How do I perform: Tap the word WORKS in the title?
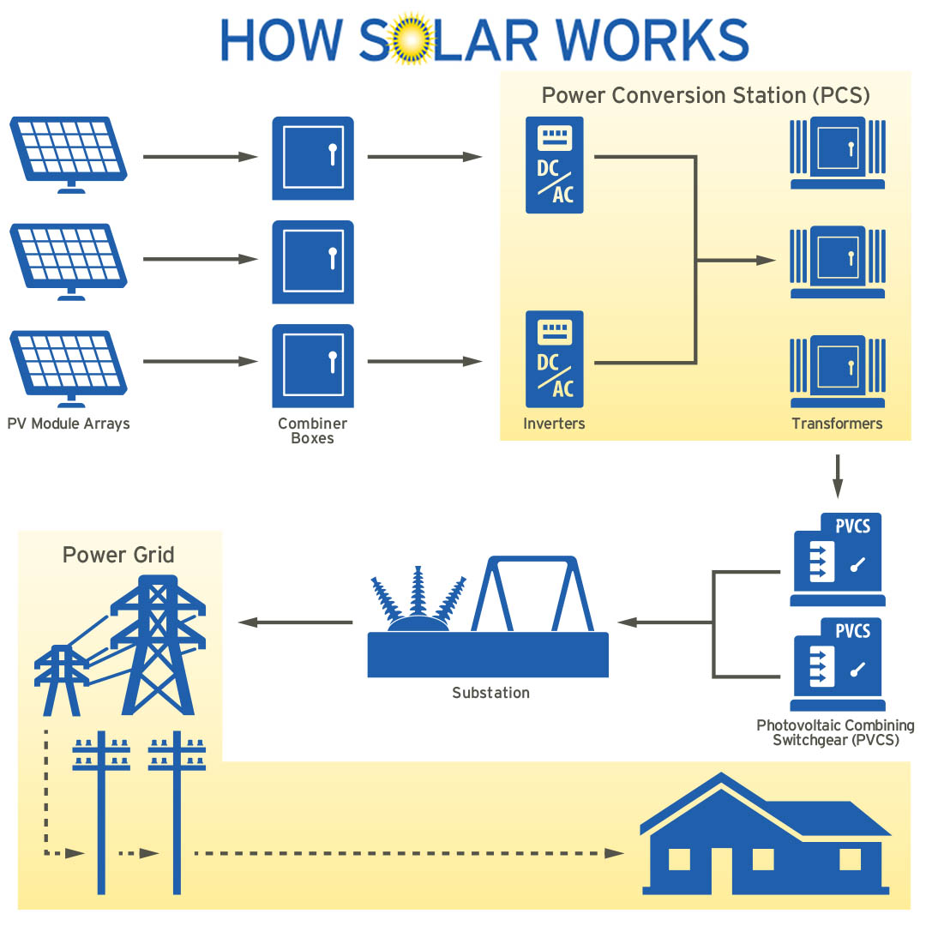653,39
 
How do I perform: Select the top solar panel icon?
69,153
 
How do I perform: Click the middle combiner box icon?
313,262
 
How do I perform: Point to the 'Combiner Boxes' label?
313,431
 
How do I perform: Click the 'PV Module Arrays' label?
69,424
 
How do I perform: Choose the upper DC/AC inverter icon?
555,165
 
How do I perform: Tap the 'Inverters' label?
554,424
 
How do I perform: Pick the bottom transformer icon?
837,370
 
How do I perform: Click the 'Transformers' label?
837,424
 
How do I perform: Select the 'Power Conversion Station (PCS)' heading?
706,95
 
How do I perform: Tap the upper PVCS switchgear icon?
837,560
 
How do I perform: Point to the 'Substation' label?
490,693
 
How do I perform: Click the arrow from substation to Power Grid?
295,622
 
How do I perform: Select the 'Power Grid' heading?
118,555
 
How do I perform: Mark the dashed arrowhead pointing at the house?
614,853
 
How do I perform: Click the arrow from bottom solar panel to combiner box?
201,362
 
